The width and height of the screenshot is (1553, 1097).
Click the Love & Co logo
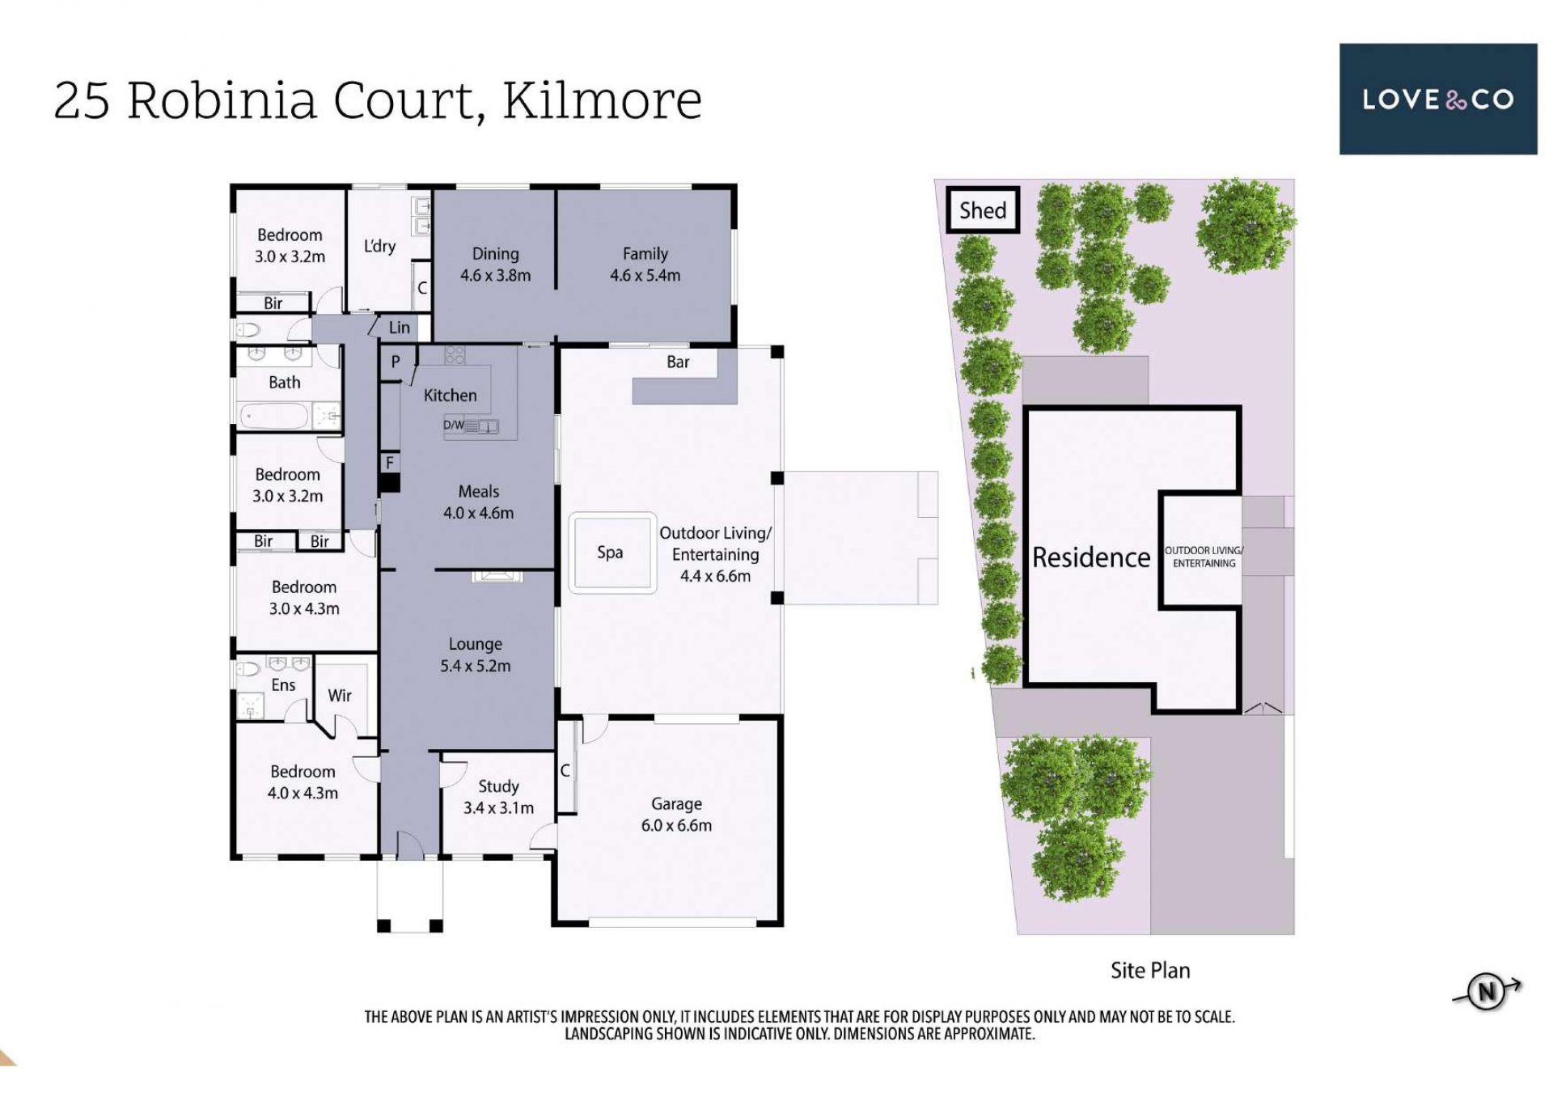[1438, 99]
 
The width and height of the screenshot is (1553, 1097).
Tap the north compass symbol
[1487, 991]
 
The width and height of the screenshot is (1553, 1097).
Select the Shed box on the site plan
[983, 210]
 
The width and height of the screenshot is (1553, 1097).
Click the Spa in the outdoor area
[611, 553]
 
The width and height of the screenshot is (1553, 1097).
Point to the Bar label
[678, 362]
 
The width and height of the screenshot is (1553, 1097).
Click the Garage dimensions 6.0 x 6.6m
[676, 825]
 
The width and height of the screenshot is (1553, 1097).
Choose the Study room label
[498, 786]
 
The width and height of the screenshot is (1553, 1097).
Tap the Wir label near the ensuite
[340, 695]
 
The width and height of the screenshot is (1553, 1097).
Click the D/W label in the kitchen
[454, 425]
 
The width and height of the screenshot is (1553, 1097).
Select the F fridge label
[390, 463]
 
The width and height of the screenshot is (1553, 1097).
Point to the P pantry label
[396, 362]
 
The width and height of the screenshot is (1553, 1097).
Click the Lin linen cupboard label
[400, 328]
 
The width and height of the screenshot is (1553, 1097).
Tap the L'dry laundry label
[379, 245]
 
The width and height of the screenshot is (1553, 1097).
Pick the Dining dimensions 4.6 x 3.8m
[495, 275]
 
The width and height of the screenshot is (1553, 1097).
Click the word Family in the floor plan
[645, 254]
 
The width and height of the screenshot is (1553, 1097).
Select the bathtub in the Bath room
[274, 416]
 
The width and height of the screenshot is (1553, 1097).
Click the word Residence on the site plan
[1091, 557]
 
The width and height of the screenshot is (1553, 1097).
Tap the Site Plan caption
[1150, 970]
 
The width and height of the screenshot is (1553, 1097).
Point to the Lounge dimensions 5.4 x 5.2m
[475, 666]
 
